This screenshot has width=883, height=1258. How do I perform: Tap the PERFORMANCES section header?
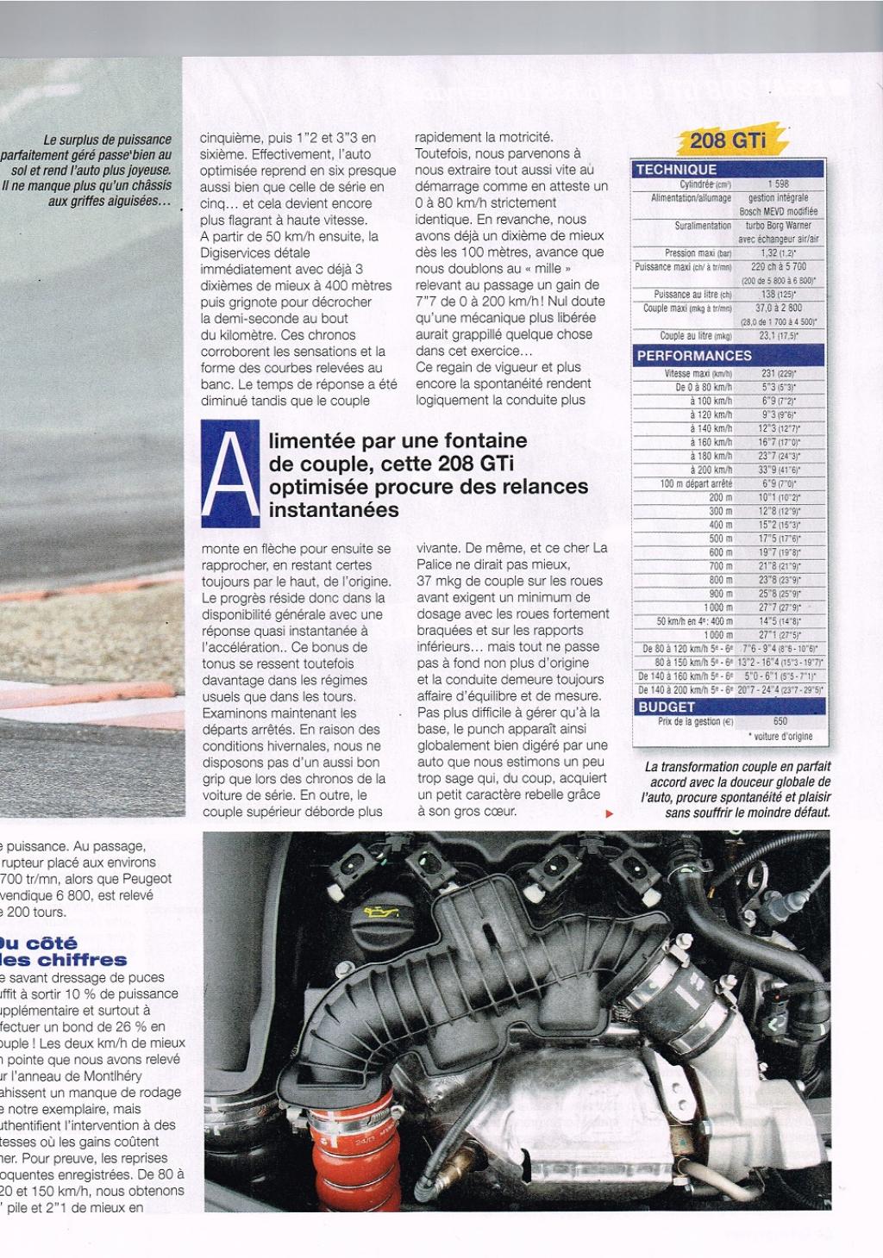tap(694, 356)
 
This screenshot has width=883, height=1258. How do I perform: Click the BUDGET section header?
tap(666, 707)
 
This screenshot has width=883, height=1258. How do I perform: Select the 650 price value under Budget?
tap(780, 721)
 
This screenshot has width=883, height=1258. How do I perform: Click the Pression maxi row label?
tap(698, 253)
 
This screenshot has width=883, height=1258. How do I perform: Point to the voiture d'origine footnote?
tap(780, 737)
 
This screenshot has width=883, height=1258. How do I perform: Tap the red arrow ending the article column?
tap(611, 813)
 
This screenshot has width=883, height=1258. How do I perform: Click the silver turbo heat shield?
tap(517, 1120)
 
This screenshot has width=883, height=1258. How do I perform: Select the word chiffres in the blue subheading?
tap(78, 960)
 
